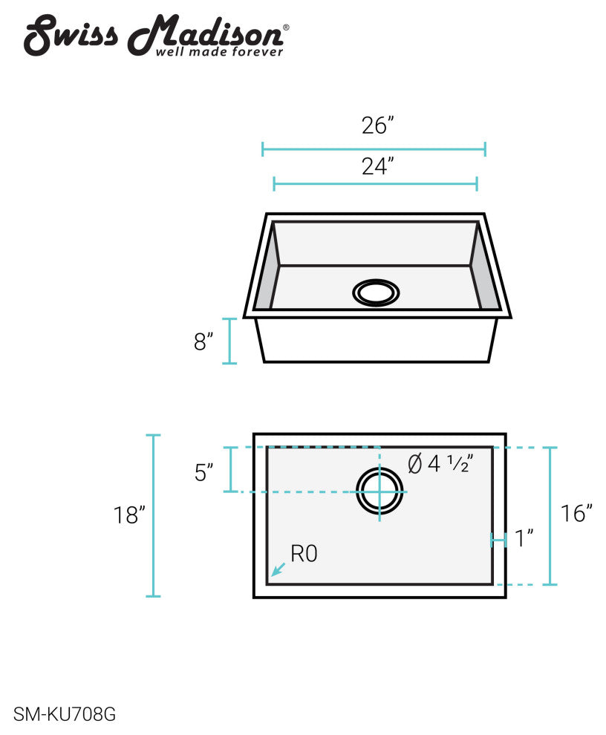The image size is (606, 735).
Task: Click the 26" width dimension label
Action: pyautogui.click(x=377, y=125)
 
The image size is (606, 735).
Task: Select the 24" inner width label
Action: pyautogui.click(x=377, y=166)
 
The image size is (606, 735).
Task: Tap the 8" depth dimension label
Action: pyautogui.click(x=203, y=342)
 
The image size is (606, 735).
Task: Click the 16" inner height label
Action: pyautogui.click(x=576, y=513)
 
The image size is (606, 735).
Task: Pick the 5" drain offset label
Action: pyautogui.click(x=204, y=472)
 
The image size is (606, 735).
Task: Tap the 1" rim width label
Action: pyautogui.click(x=524, y=538)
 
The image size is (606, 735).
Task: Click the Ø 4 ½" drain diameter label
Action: pyautogui.click(x=440, y=463)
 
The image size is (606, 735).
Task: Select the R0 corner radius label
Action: pyautogui.click(x=304, y=554)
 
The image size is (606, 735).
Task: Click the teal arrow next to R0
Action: pyautogui.click(x=278, y=569)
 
